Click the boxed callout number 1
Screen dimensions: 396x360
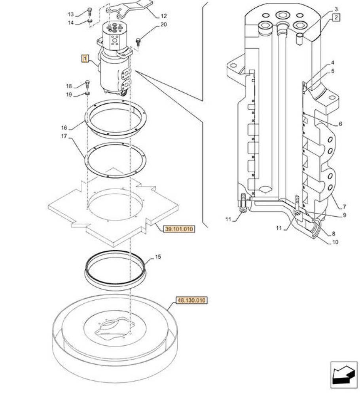[x=85, y=59]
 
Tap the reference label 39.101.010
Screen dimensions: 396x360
[x=180, y=229]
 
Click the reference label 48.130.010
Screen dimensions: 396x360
[x=192, y=301]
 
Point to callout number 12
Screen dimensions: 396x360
[x=163, y=16]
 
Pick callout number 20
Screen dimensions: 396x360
[x=163, y=25]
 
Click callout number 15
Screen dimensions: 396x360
[x=158, y=257]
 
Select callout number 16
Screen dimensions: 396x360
[x=64, y=128]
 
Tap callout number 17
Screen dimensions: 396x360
[x=64, y=136]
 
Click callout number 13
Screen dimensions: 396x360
[x=71, y=15]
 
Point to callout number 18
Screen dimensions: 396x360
[x=69, y=86]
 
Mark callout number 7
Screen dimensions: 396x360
[x=345, y=207]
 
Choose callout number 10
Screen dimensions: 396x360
[x=336, y=242]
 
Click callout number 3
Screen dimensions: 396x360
[x=335, y=9]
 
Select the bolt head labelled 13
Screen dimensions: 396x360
[x=90, y=11]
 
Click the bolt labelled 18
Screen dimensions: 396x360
[x=87, y=84]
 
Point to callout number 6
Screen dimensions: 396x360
[x=340, y=124]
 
